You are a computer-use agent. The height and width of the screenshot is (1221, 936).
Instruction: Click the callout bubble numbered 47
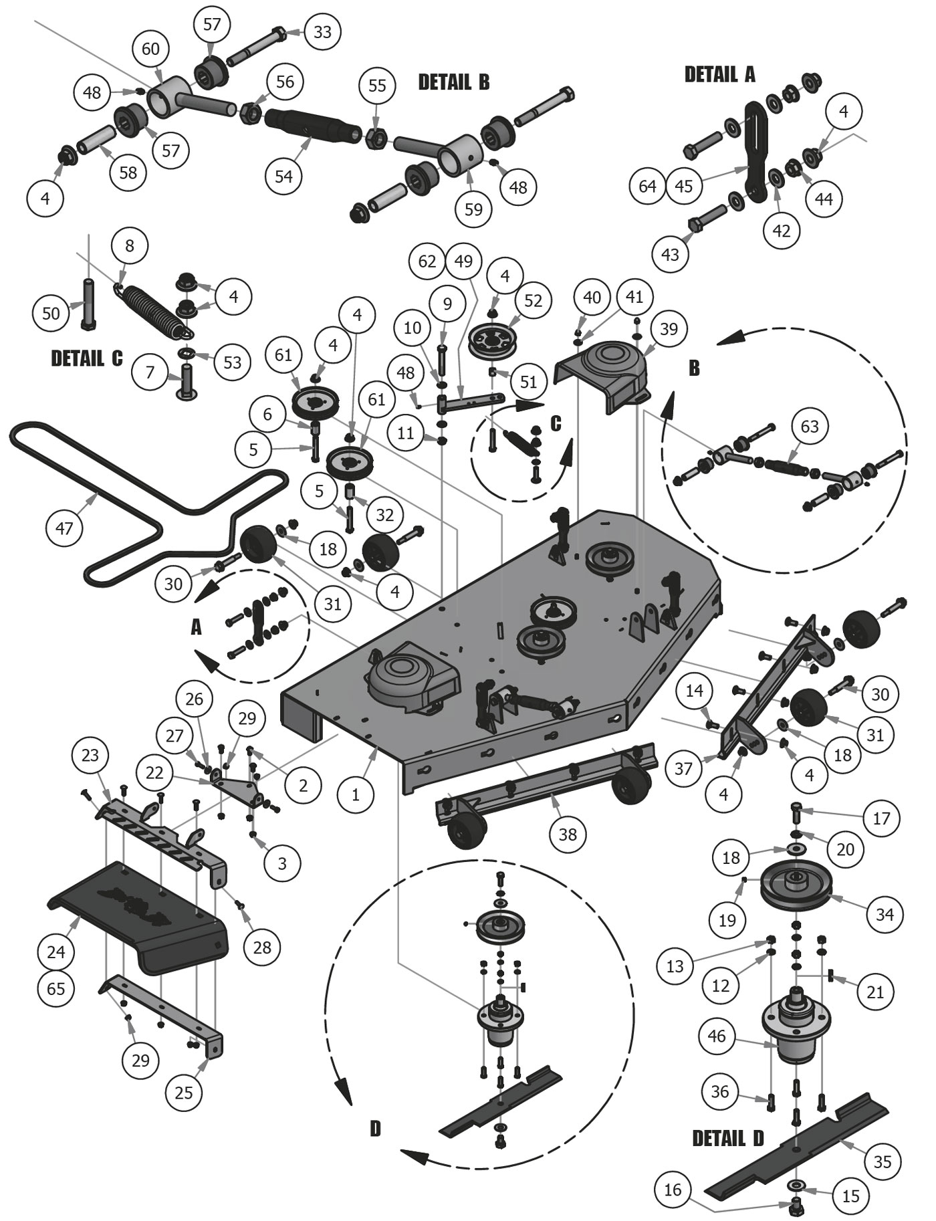(x=64, y=528)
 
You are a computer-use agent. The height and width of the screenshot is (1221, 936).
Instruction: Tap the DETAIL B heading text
(x=453, y=82)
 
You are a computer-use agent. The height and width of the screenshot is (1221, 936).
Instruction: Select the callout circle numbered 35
(x=883, y=1161)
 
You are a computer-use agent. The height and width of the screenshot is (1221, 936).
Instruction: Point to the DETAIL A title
(x=719, y=74)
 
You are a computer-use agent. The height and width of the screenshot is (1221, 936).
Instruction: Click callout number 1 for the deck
(x=355, y=794)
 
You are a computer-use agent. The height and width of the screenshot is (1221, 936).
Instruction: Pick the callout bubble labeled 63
(x=809, y=425)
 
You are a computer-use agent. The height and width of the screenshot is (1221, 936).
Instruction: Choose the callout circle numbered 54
(x=283, y=177)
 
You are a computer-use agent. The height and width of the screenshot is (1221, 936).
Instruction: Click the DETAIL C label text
(x=87, y=358)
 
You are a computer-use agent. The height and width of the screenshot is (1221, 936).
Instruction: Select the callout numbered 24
(x=56, y=951)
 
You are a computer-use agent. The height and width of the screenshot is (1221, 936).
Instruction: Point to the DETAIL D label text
(x=727, y=1138)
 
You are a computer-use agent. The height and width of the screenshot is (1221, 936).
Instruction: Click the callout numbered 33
(x=322, y=31)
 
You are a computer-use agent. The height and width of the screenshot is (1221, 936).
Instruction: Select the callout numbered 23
(x=90, y=756)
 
